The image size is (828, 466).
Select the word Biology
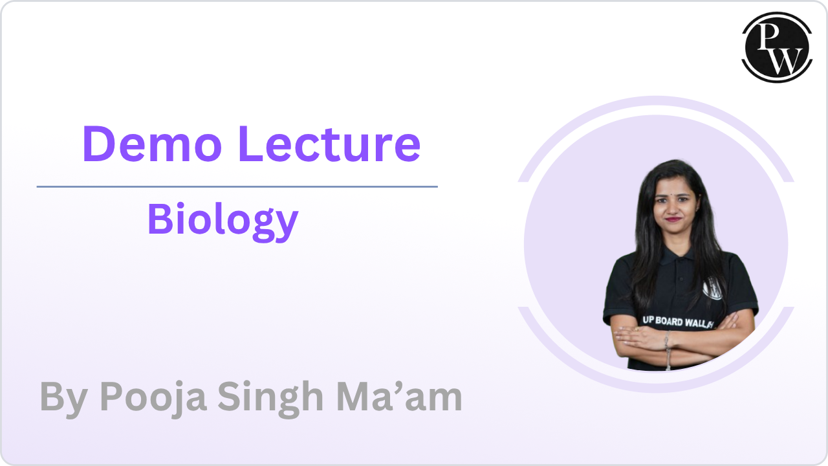coord(223,220)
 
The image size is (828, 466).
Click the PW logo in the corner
coord(776,47)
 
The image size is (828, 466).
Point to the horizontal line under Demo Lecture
coord(237,186)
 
